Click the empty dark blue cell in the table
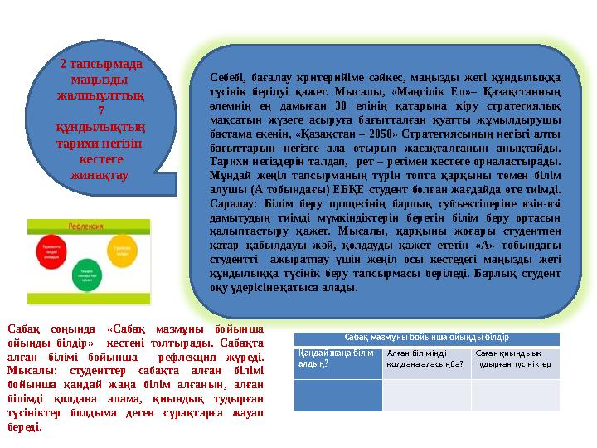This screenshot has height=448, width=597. (337, 395)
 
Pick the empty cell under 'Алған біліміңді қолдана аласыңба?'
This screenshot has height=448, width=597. (426, 395)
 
